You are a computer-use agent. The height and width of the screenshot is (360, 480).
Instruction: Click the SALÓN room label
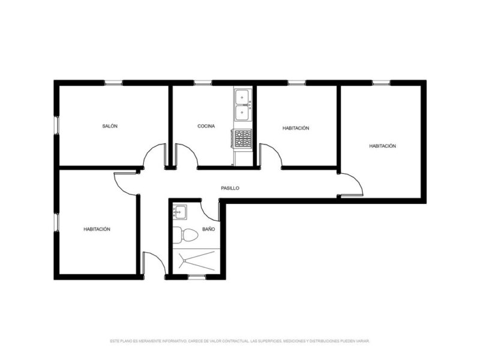pos(110,127)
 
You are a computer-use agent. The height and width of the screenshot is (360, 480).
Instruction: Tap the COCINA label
pos(206,127)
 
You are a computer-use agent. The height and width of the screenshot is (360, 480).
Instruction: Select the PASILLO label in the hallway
pos(230,188)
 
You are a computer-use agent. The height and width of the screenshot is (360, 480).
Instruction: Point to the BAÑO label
pos(208,229)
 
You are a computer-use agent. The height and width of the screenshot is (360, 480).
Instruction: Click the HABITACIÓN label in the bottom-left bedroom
pos(97,229)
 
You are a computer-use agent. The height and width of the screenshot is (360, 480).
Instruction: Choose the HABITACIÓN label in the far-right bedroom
pos(382,146)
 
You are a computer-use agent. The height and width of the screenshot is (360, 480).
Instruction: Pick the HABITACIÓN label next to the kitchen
pos(295,128)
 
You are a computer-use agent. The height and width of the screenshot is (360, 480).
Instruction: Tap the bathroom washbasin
pos(180,211)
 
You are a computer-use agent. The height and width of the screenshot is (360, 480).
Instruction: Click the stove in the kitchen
pos(242,139)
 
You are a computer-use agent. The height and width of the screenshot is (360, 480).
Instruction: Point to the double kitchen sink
pos(243,104)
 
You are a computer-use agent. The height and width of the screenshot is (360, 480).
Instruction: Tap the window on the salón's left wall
pos(56,124)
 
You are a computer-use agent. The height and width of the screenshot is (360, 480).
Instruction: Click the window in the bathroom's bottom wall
pos(196,277)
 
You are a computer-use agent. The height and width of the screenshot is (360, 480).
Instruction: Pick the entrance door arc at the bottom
pos(154,263)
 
